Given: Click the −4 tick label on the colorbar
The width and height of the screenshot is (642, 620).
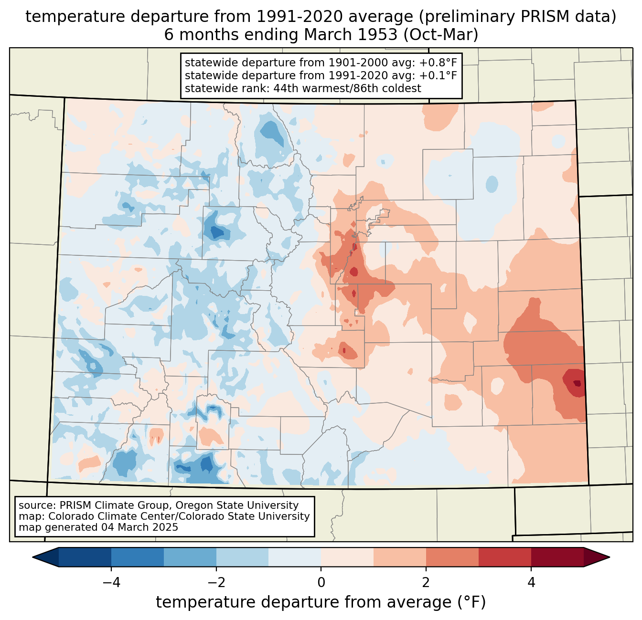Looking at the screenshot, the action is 111,582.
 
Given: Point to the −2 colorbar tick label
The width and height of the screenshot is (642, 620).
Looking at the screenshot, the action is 216,582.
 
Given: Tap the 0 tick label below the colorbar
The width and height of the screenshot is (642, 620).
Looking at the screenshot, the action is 321,582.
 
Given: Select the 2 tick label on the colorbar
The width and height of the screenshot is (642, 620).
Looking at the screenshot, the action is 426,582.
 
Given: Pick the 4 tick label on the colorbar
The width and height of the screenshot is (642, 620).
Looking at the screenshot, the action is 531,582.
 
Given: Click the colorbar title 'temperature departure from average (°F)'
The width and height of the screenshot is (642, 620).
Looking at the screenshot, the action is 321,602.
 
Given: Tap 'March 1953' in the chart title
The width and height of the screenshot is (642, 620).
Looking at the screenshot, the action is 350,34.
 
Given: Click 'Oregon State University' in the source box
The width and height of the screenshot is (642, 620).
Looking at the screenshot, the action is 237,505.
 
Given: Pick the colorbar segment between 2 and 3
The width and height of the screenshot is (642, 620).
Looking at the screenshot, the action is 452,557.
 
